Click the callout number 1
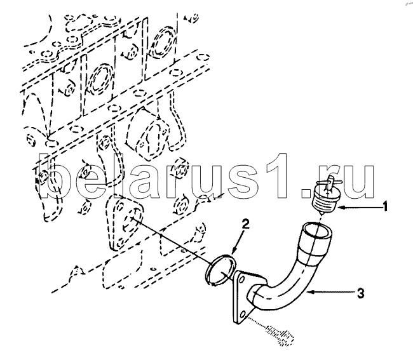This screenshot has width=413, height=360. pyautogui.click(x=385, y=206)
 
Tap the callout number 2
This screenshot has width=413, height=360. pyautogui.click(x=245, y=225)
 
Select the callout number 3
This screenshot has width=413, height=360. pyautogui.click(x=361, y=293)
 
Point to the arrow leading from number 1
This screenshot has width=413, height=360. pyautogui.click(x=359, y=208)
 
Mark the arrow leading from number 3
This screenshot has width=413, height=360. pyautogui.click(x=330, y=292)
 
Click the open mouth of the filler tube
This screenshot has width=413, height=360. pyautogui.click(x=316, y=231)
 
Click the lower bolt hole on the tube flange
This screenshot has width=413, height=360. pyautogui.click(x=243, y=314)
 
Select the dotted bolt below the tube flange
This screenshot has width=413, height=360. pyautogui.click(x=280, y=335)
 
